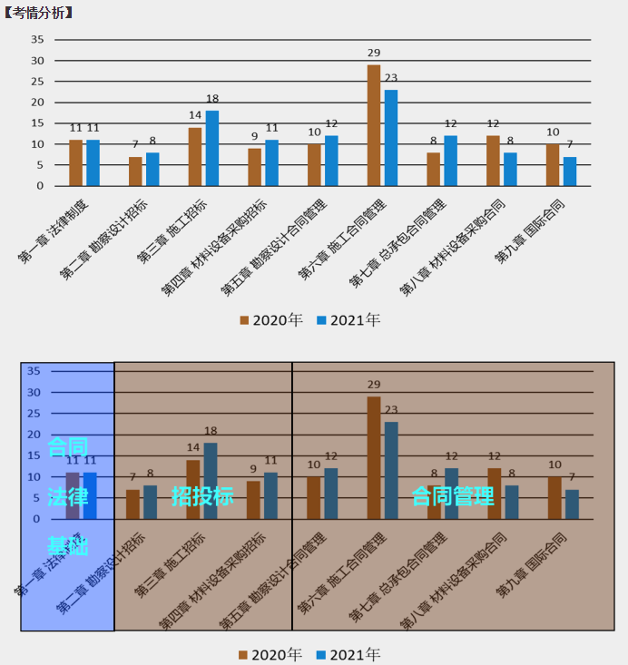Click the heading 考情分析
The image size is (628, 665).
click(38, 12)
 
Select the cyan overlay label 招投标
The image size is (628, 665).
click(202, 496)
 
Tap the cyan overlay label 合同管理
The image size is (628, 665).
click(453, 496)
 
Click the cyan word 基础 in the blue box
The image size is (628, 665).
click(68, 546)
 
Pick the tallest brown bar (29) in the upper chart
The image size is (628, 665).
click(374, 125)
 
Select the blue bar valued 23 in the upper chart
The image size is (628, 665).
click(391, 138)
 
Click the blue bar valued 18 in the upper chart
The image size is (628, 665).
click(212, 148)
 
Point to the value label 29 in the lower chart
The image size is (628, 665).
click(374, 386)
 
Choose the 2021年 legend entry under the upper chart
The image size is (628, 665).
click(348, 320)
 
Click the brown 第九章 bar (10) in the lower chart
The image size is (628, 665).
click(553, 498)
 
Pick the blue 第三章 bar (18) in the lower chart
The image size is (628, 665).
click(211, 481)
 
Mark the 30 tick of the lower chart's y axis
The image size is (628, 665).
click(33, 392)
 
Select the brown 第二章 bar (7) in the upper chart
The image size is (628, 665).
click(135, 171)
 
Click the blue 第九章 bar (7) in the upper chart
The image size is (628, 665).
click(570, 171)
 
